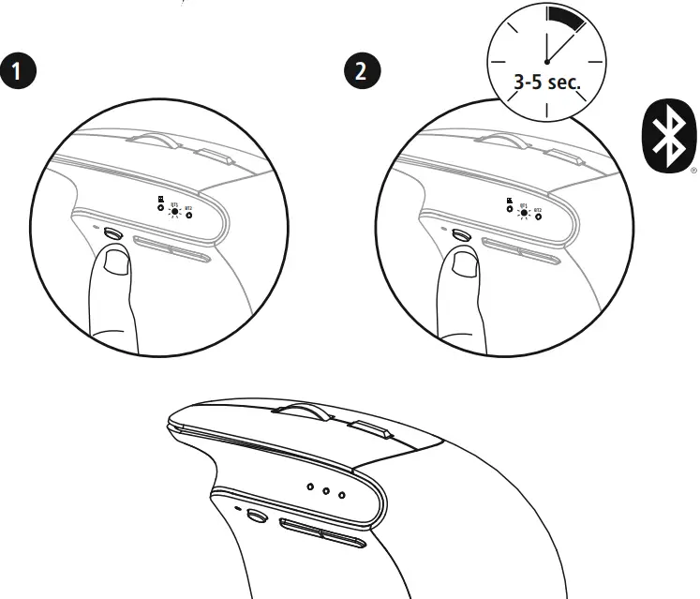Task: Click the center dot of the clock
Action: click(x=546, y=60)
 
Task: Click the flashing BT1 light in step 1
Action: click(x=175, y=213)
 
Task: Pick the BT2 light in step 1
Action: click(x=189, y=215)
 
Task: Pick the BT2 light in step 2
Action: click(x=538, y=216)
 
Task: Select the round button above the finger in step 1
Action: click(x=112, y=233)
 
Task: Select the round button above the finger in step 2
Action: click(x=460, y=233)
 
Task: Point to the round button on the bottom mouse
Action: click(x=253, y=514)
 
